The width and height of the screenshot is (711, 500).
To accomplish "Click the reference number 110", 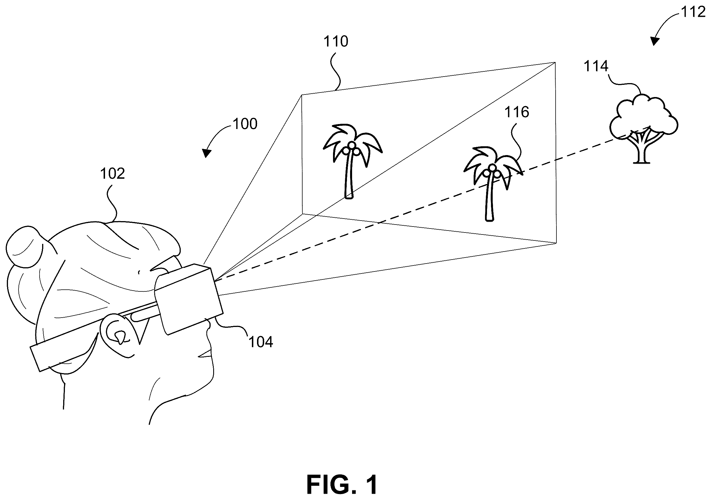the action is [336, 42].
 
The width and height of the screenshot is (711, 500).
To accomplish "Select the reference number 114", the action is [596, 66].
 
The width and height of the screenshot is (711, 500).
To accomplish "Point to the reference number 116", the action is [517, 112].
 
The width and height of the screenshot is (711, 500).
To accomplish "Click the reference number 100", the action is [245, 124].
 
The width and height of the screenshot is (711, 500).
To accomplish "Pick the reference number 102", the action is [112, 174].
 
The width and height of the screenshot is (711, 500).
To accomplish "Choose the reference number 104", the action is [261, 342].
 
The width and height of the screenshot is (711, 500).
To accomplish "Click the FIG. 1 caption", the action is [342, 485].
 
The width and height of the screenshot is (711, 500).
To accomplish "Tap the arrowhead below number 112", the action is [654, 42].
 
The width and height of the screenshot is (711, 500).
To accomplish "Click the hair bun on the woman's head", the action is [25, 246].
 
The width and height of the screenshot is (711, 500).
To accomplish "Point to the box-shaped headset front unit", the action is [189, 299].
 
